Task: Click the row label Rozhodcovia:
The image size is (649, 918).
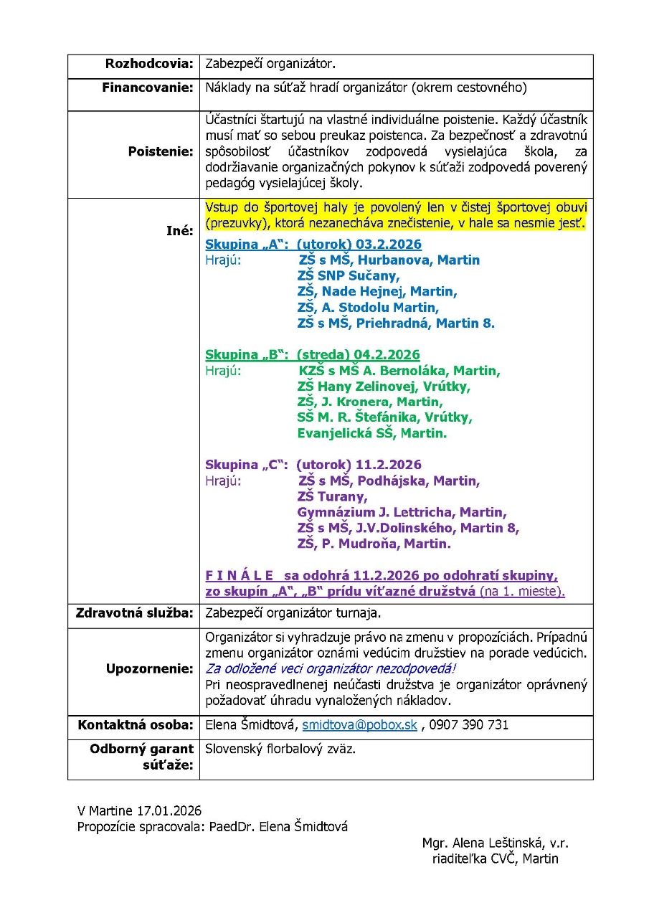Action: coord(149,64)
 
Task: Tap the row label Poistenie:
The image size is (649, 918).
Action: coord(161,152)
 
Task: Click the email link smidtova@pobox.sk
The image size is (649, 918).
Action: coord(359,724)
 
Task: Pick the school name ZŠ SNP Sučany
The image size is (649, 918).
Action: coord(349,275)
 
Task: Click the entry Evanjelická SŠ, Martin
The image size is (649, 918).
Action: coord(371,433)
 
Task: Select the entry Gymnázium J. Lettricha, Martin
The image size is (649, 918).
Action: coord(402,512)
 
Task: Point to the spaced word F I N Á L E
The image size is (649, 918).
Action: coord(239,576)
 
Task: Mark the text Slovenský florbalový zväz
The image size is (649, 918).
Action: coord(280,749)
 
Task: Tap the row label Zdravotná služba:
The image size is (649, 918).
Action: coord(135,613)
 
